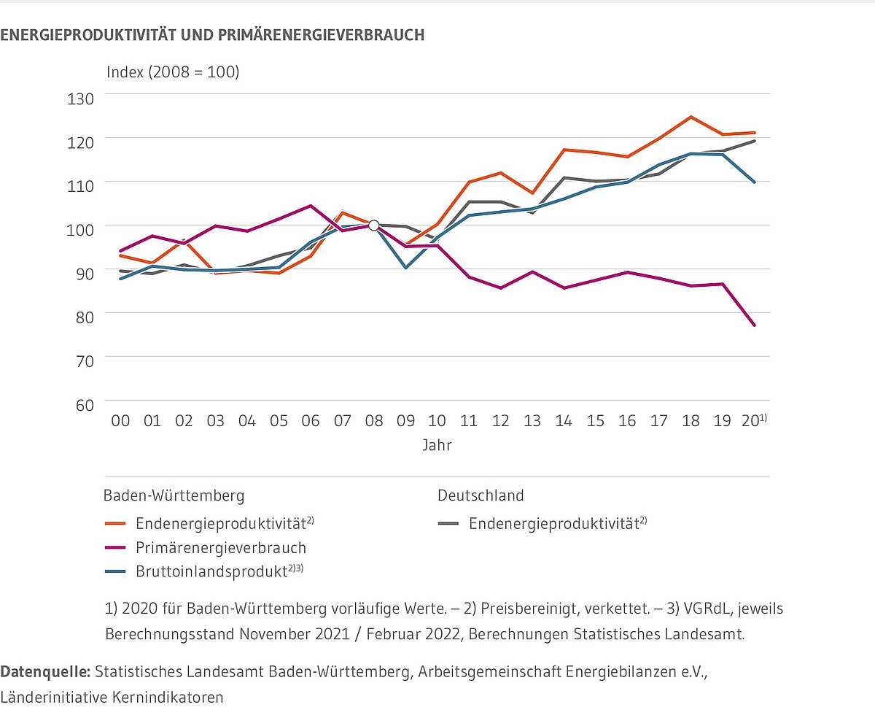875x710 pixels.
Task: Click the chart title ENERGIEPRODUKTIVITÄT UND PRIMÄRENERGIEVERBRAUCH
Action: point(212,35)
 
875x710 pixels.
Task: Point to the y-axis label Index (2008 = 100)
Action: point(173,72)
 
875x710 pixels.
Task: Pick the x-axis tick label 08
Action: point(373,422)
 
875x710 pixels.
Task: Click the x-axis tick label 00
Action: point(120,422)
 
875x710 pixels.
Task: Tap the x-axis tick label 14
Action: point(564,422)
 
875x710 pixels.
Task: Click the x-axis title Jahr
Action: point(437,445)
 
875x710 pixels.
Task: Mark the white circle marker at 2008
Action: point(373,225)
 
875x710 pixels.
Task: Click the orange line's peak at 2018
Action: point(691,117)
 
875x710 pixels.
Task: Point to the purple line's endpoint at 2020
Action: point(754,325)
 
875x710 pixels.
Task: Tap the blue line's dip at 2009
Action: point(405,268)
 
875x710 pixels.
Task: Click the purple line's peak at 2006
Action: point(311,206)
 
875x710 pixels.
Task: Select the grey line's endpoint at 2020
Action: point(754,141)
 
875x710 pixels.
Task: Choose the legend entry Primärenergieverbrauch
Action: point(221,547)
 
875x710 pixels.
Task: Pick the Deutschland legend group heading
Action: point(481,495)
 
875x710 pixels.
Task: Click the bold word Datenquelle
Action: point(45,671)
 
